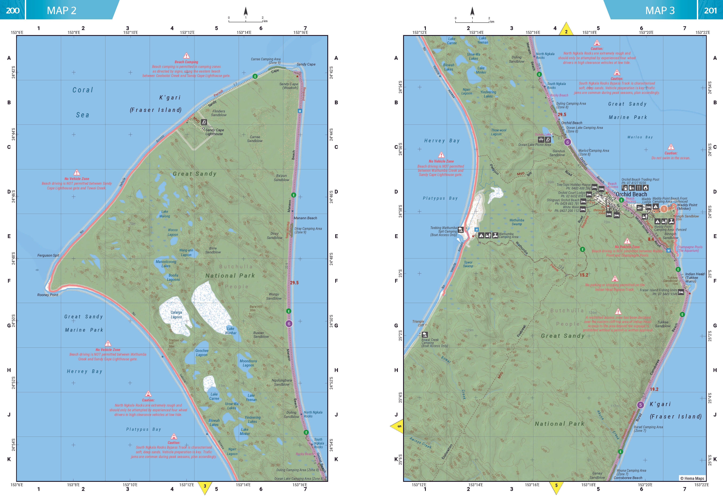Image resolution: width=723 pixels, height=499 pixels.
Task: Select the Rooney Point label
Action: click(48, 295)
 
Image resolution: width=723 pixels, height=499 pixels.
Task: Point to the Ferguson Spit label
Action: click(48, 256)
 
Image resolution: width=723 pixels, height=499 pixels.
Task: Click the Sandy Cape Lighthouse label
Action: click(214, 132)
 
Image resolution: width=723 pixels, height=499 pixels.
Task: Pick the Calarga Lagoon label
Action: click(176, 315)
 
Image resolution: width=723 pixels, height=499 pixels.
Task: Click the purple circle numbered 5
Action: click(640, 405)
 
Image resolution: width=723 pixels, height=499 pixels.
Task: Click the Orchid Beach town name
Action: click(631, 194)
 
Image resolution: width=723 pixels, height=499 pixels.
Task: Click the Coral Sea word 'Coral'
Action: click(83, 90)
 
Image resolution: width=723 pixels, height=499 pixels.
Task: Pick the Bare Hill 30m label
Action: click(256, 308)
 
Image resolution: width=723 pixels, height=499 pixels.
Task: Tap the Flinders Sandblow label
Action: click(219, 113)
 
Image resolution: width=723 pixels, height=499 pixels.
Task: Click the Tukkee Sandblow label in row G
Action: click(663, 324)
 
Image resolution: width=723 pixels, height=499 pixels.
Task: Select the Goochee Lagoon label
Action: click(202, 353)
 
